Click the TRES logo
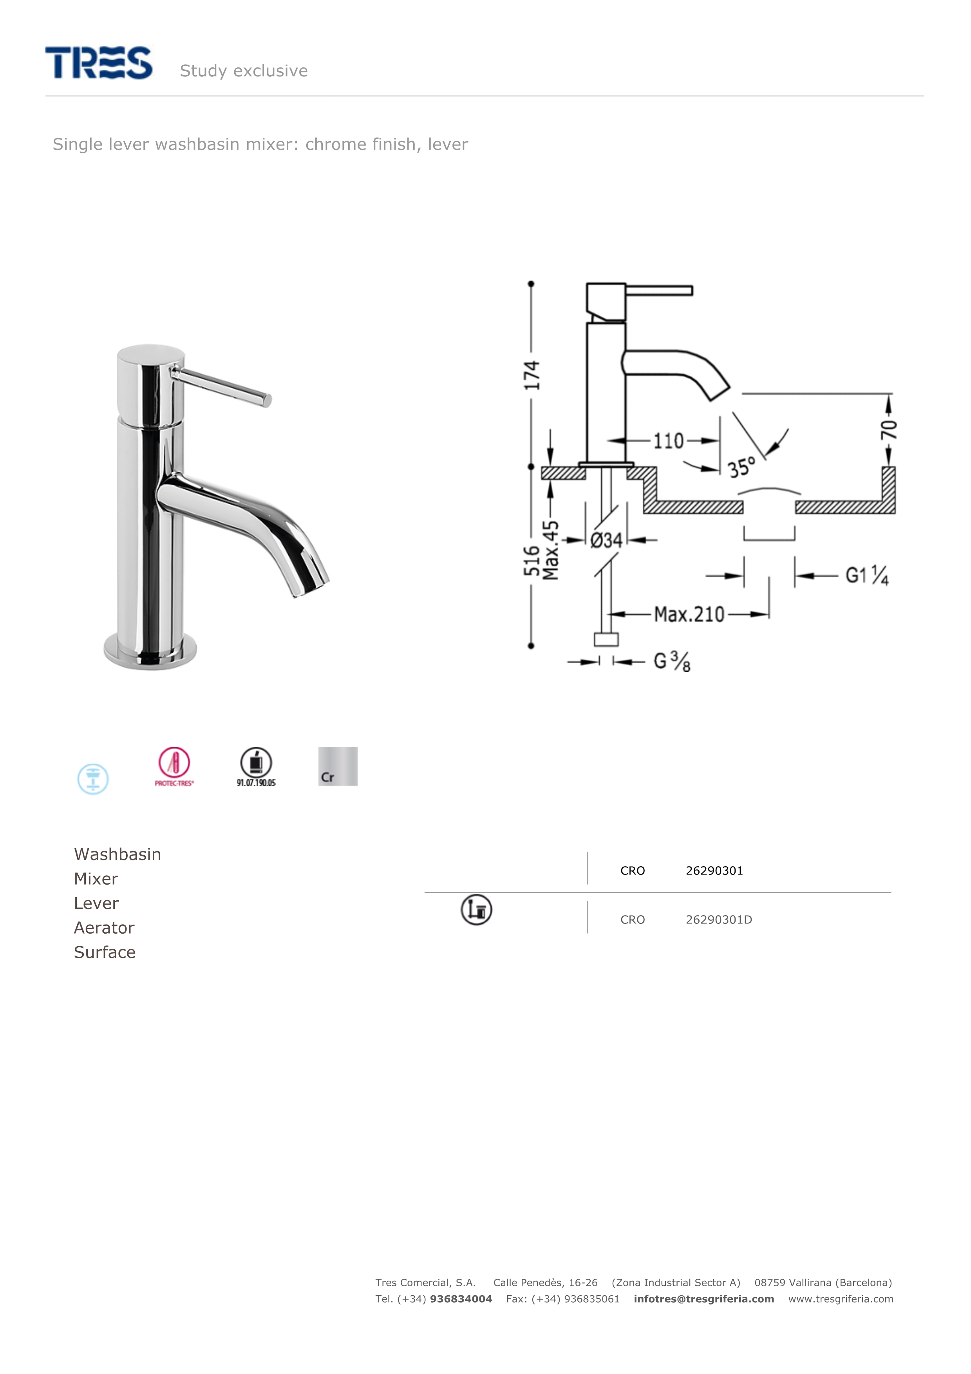coord(99,62)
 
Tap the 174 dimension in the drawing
coord(531,375)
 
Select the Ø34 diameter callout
coord(606,540)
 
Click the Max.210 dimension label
coord(689,614)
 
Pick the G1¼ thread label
coord(867,575)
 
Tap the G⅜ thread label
coord(672,661)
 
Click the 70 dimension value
coord(888,429)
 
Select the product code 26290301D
coord(718,920)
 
